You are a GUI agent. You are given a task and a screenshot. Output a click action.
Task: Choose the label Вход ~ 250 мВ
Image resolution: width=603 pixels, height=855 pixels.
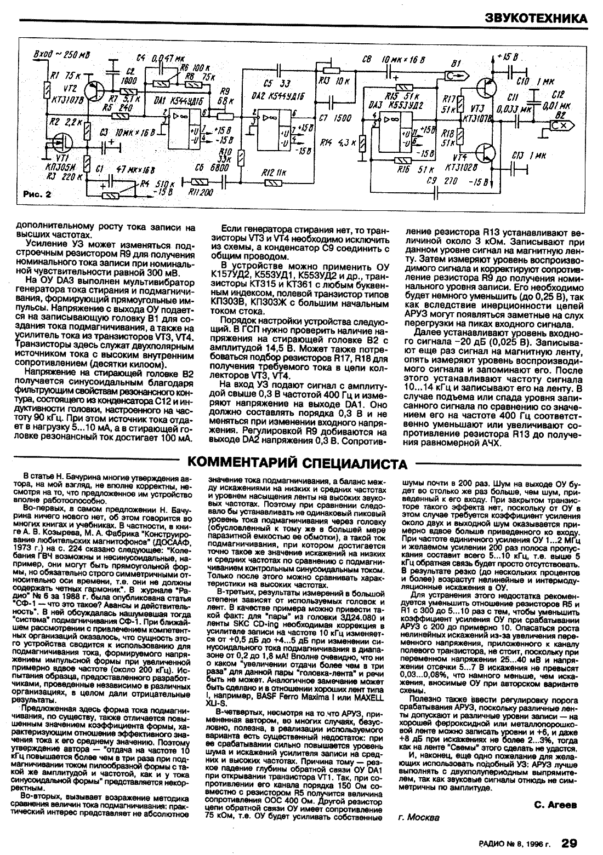[x=62, y=54]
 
